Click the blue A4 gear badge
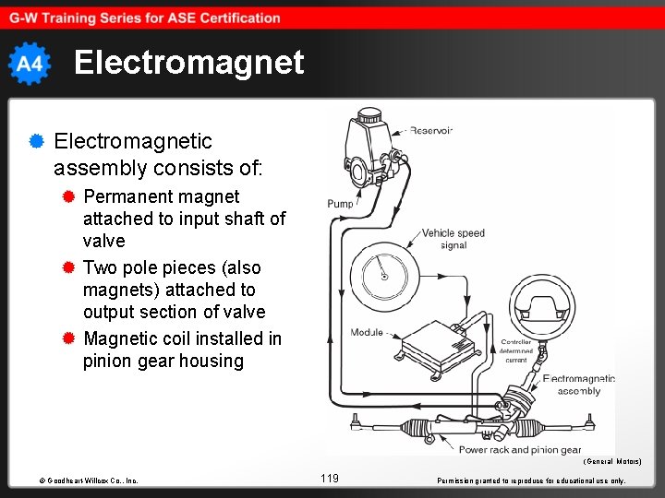click(29, 64)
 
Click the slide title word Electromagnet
click(188, 63)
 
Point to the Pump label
click(339, 204)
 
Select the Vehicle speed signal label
click(453, 239)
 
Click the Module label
click(367, 332)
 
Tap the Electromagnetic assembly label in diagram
click(578, 385)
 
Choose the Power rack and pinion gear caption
click(520, 450)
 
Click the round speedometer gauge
click(384, 276)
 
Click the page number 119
click(330, 478)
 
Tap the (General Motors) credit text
click(611, 461)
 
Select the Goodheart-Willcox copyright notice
click(89, 480)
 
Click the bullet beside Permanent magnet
click(68, 196)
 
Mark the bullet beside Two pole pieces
click(68, 267)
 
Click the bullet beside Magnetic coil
click(68, 338)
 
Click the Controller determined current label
click(516, 351)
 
